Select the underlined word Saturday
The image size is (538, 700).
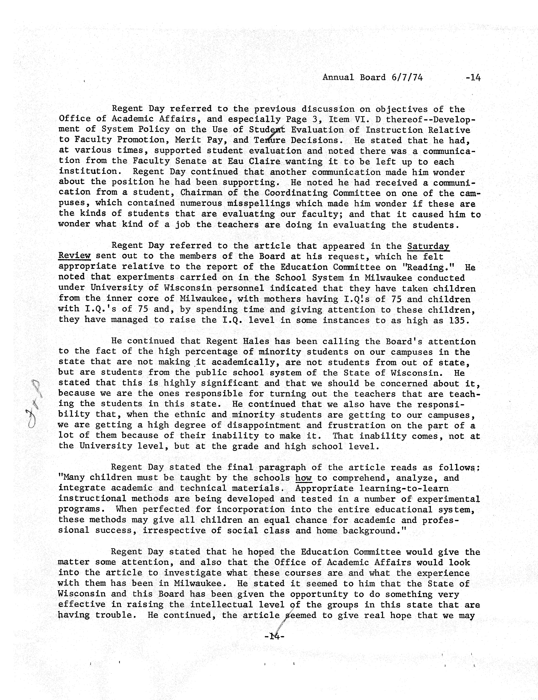[x=428, y=246]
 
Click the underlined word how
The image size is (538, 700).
[x=303, y=478]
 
